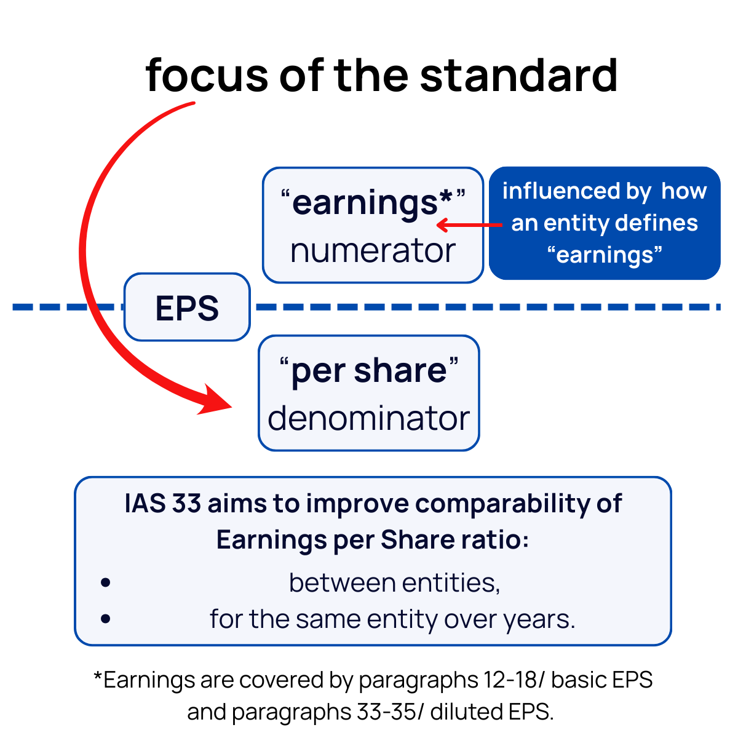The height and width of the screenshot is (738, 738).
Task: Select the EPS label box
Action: point(187,307)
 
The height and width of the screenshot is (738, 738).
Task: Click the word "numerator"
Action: point(373,251)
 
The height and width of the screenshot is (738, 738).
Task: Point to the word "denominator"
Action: point(368,418)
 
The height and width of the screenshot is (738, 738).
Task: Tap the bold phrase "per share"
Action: point(369,370)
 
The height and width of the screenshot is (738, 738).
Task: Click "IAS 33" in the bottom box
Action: point(162,504)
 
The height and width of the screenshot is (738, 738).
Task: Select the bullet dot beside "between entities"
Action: point(106,582)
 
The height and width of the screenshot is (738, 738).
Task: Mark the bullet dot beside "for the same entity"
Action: point(106,618)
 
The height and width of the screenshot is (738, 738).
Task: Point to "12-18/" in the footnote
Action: point(513,680)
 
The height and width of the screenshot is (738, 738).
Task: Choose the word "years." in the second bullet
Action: point(539,619)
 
